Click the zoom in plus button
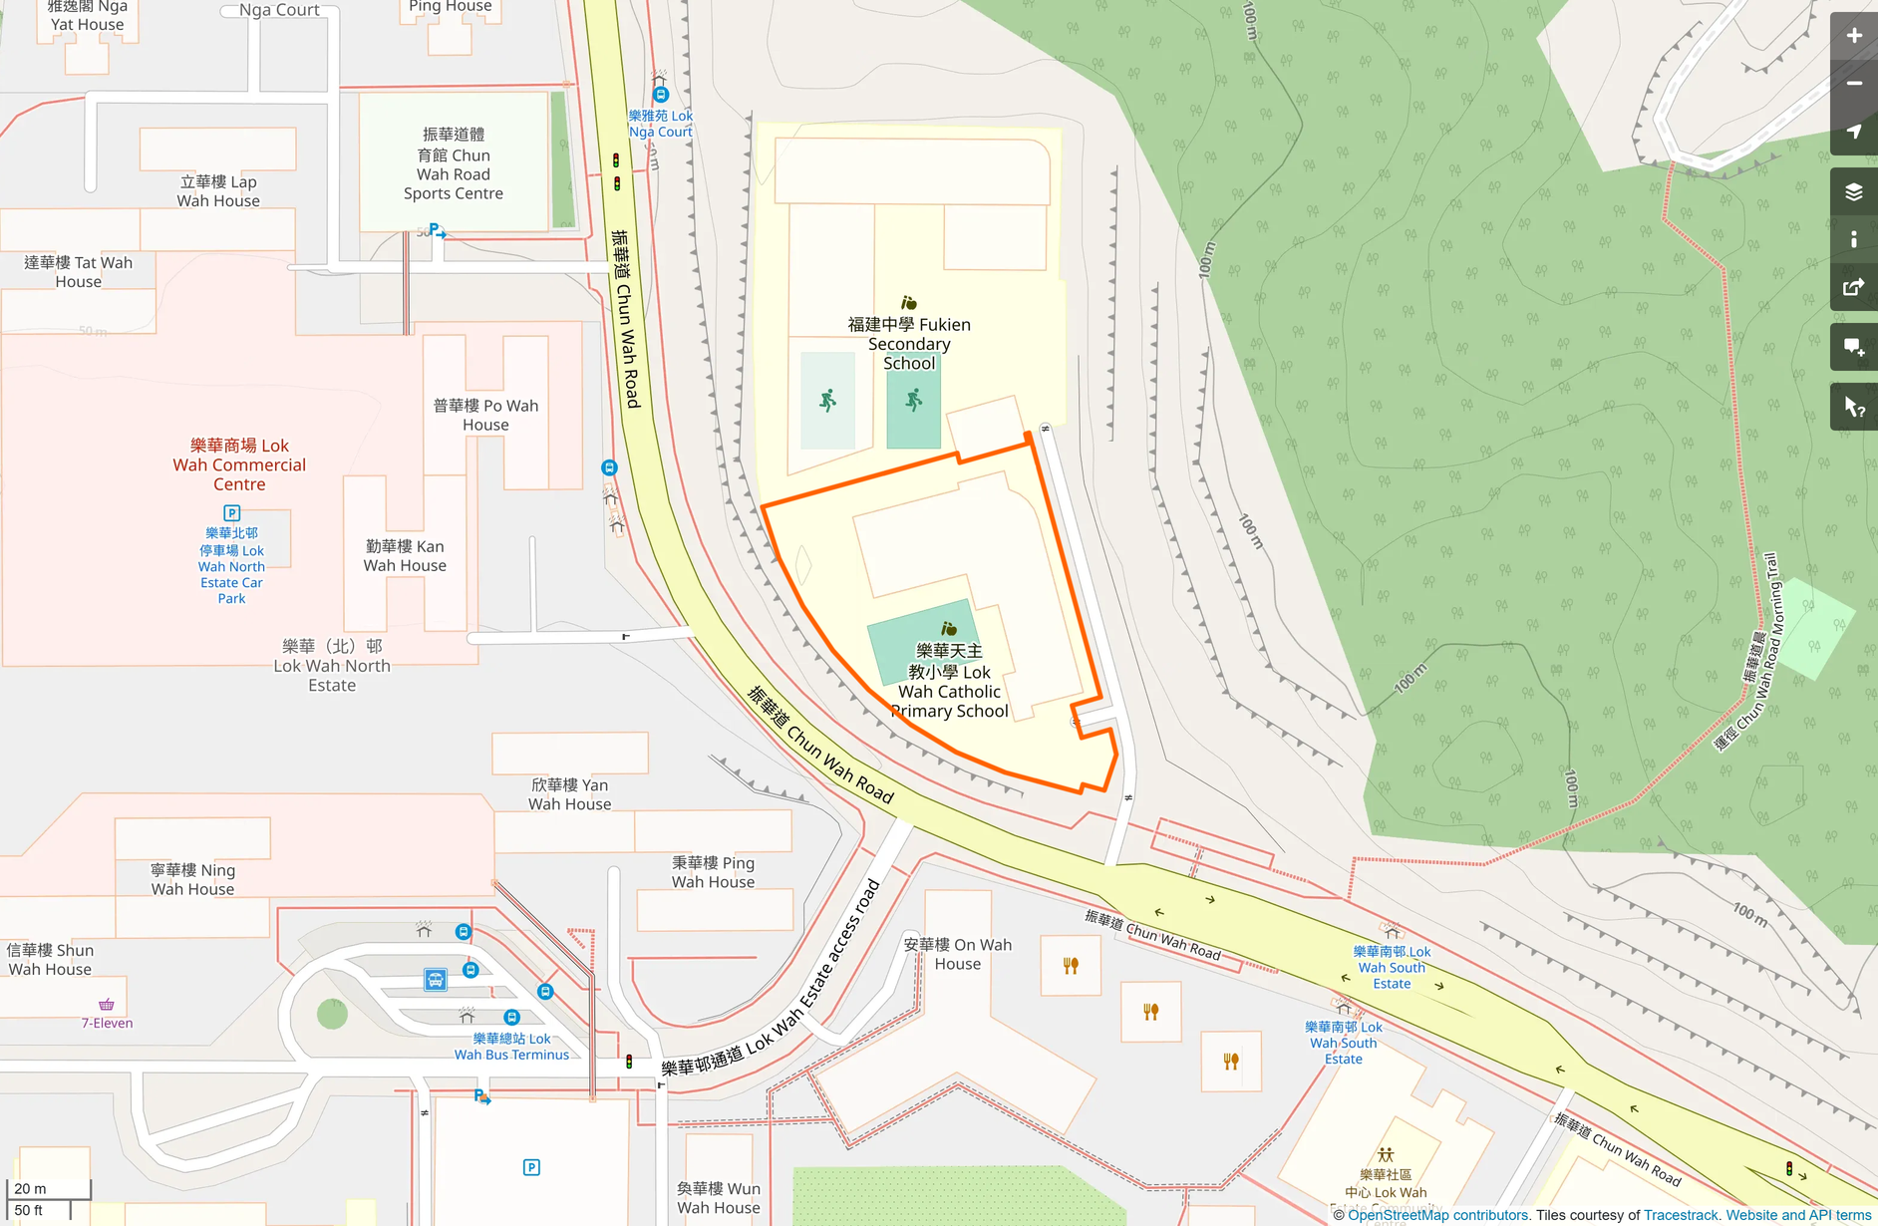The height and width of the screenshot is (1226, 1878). (x=1853, y=36)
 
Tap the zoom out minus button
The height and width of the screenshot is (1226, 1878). (x=1853, y=84)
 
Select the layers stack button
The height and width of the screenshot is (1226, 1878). (x=1853, y=192)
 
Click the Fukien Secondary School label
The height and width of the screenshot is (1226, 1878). (x=908, y=344)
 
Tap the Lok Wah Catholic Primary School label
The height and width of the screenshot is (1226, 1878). (x=949, y=681)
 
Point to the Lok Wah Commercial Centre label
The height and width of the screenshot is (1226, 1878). (x=239, y=464)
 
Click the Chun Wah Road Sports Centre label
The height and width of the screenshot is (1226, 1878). (x=453, y=164)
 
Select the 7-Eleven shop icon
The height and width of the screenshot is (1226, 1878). (x=107, y=1004)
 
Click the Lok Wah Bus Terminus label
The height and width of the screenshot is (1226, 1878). (x=511, y=1047)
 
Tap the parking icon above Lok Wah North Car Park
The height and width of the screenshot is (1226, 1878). (x=232, y=513)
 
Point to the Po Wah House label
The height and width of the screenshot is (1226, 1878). (x=485, y=415)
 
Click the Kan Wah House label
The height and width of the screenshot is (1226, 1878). (x=405, y=556)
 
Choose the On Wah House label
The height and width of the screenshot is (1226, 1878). (x=957, y=954)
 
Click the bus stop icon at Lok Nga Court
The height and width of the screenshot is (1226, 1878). (x=661, y=95)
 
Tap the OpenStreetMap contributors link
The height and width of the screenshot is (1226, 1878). (x=1437, y=1215)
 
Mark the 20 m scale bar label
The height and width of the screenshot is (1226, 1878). (x=30, y=1188)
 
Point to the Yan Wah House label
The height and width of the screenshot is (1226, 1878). (x=569, y=794)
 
